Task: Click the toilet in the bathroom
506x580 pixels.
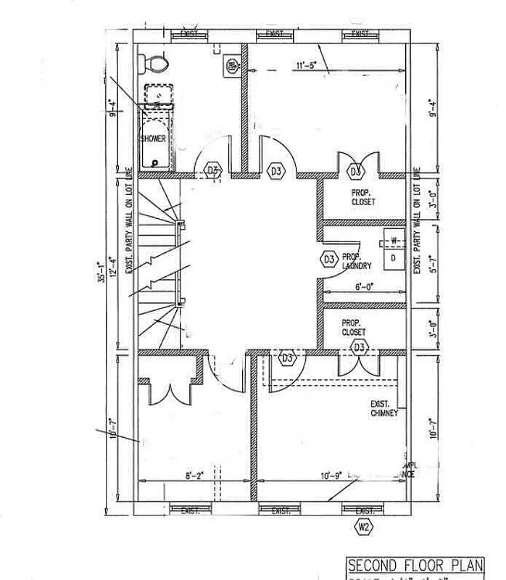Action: [154, 65]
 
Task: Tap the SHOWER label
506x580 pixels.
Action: [153, 138]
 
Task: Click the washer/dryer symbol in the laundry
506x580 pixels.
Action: [394, 249]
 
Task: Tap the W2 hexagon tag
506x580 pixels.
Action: [363, 528]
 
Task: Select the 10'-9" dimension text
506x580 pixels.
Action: [328, 476]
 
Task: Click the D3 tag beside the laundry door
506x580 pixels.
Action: [328, 258]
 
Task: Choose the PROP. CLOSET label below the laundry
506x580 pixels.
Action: [354, 328]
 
